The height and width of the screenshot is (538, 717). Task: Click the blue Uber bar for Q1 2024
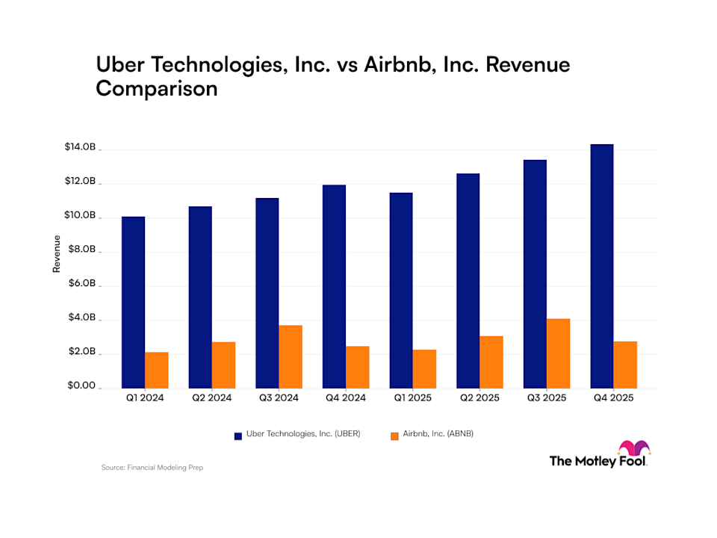[x=133, y=302]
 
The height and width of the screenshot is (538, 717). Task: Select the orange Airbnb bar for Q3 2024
[x=291, y=356]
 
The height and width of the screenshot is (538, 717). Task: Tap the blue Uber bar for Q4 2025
[x=602, y=266]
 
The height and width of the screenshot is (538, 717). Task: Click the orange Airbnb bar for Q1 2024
[x=157, y=370]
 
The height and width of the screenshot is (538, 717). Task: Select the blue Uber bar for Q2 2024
[x=200, y=297]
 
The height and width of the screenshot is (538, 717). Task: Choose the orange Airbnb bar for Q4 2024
[x=358, y=367]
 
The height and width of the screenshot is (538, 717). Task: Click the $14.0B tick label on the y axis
[x=80, y=148]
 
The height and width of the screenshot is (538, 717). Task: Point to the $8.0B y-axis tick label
[x=81, y=250]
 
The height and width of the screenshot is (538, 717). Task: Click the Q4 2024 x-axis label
[x=344, y=398]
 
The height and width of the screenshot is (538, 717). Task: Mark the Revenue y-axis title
[x=57, y=254]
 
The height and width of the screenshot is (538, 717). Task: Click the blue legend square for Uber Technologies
[x=238, y=435]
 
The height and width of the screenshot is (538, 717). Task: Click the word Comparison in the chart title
[x=156, y=89]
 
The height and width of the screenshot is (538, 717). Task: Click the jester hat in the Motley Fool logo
[x=634, y=448]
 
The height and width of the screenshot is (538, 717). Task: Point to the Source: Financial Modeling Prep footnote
[x=152, y=468]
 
